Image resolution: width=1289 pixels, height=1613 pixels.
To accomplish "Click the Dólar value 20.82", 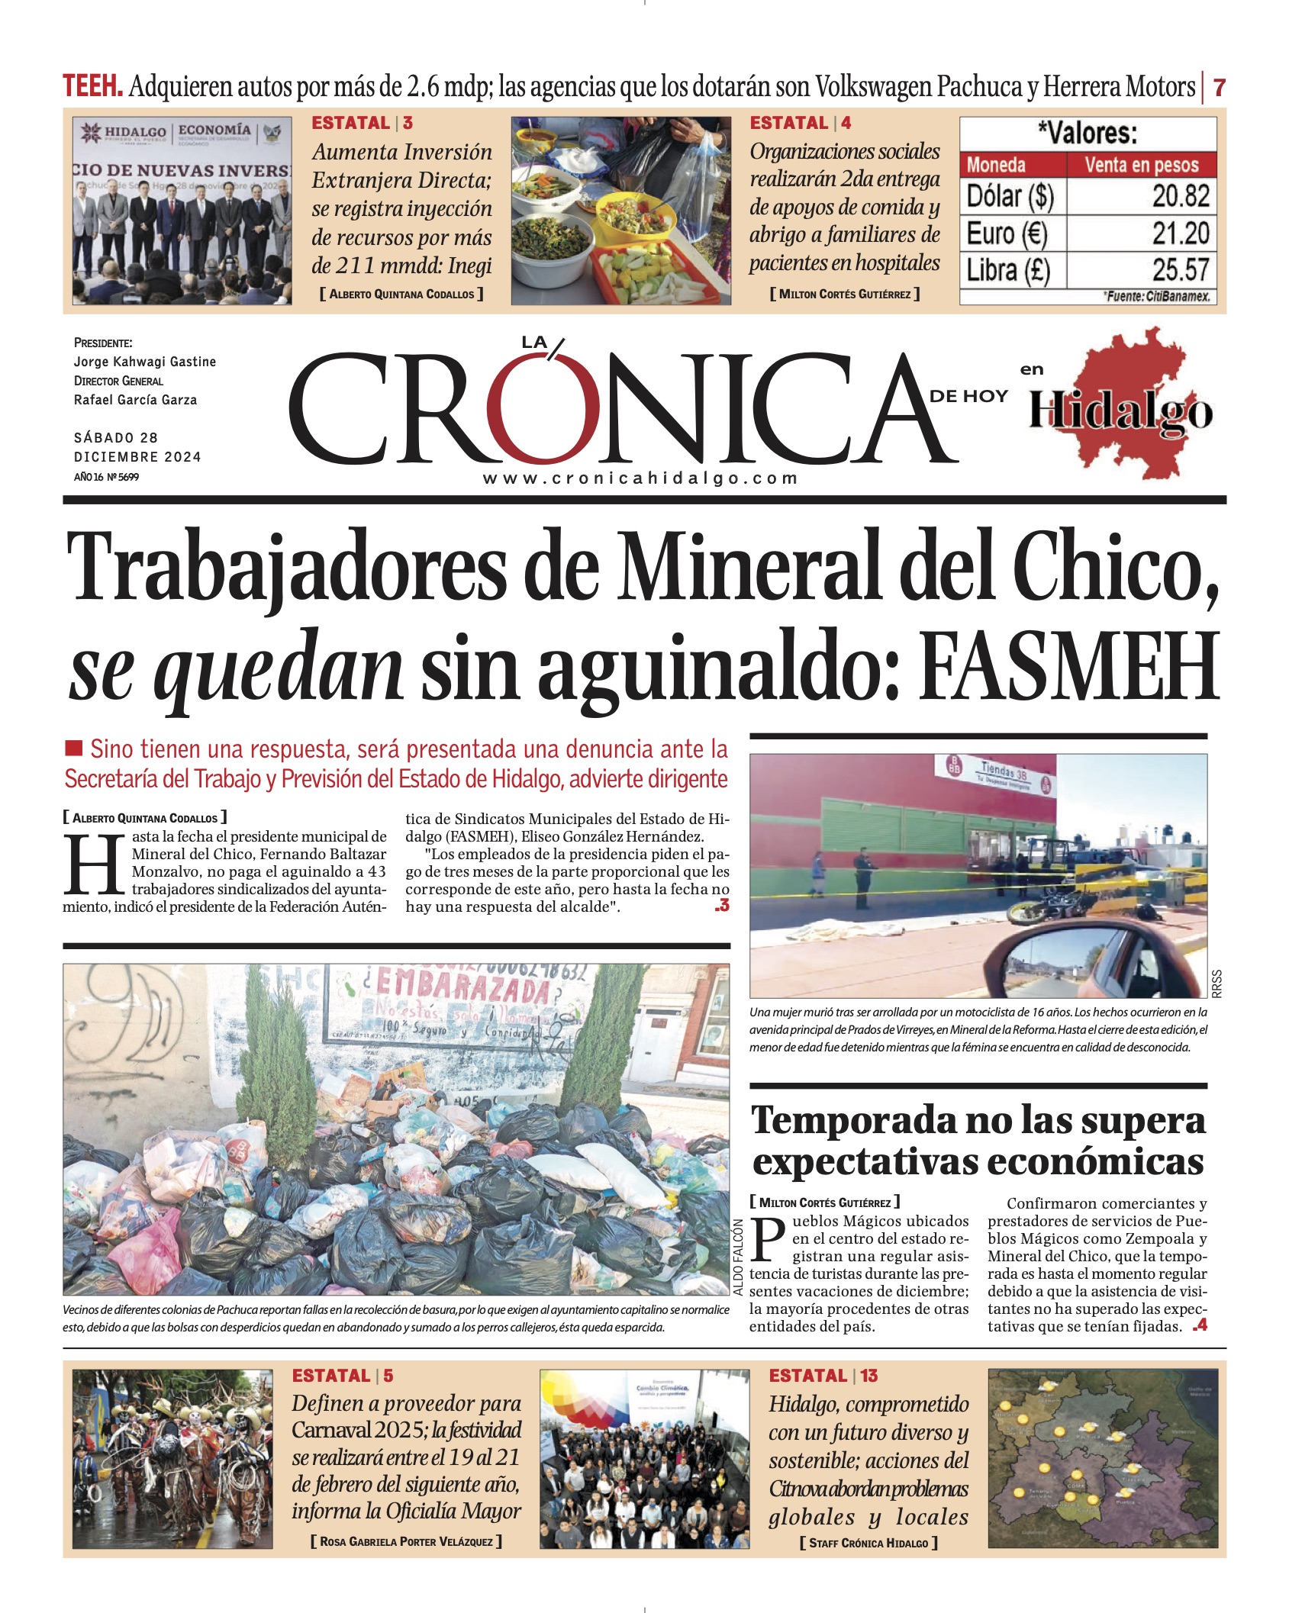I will (x=1180, y=196).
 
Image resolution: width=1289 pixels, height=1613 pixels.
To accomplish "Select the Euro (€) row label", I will (x=1007, y=233).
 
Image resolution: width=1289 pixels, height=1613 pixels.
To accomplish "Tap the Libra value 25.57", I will (x=1180, y=270).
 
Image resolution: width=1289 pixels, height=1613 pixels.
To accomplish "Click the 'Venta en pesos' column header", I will (x=1141, y=165).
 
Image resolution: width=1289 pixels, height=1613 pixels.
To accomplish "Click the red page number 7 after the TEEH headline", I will (x=1219, y=88).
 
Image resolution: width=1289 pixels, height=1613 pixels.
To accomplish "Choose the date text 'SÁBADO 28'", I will (x=116, y=438).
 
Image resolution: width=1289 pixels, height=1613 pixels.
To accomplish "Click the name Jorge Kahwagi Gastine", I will (x=145, y=362).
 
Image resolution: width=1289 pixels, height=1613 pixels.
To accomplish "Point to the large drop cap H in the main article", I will (x=94, y=864).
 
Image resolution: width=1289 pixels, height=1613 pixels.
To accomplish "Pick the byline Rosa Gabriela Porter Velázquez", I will (x=406, y=1541).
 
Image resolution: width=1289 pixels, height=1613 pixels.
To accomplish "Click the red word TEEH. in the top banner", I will (x=92, y=86).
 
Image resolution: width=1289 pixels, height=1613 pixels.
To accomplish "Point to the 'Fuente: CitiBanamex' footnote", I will (x=1157, y=296).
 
